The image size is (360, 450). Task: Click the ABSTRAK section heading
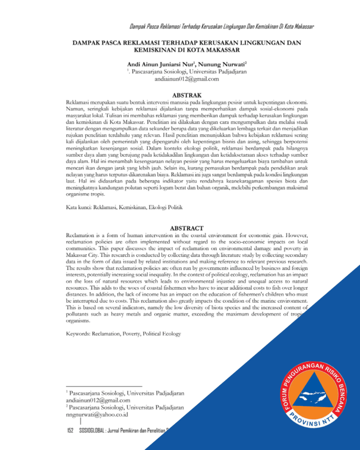click(187, 95)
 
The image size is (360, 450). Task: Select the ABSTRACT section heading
click(187, 228)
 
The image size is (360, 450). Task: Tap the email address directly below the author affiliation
click(187, 79)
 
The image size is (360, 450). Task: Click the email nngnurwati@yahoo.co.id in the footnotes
click(97, 414)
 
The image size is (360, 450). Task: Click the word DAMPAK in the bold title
click(88, 43)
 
